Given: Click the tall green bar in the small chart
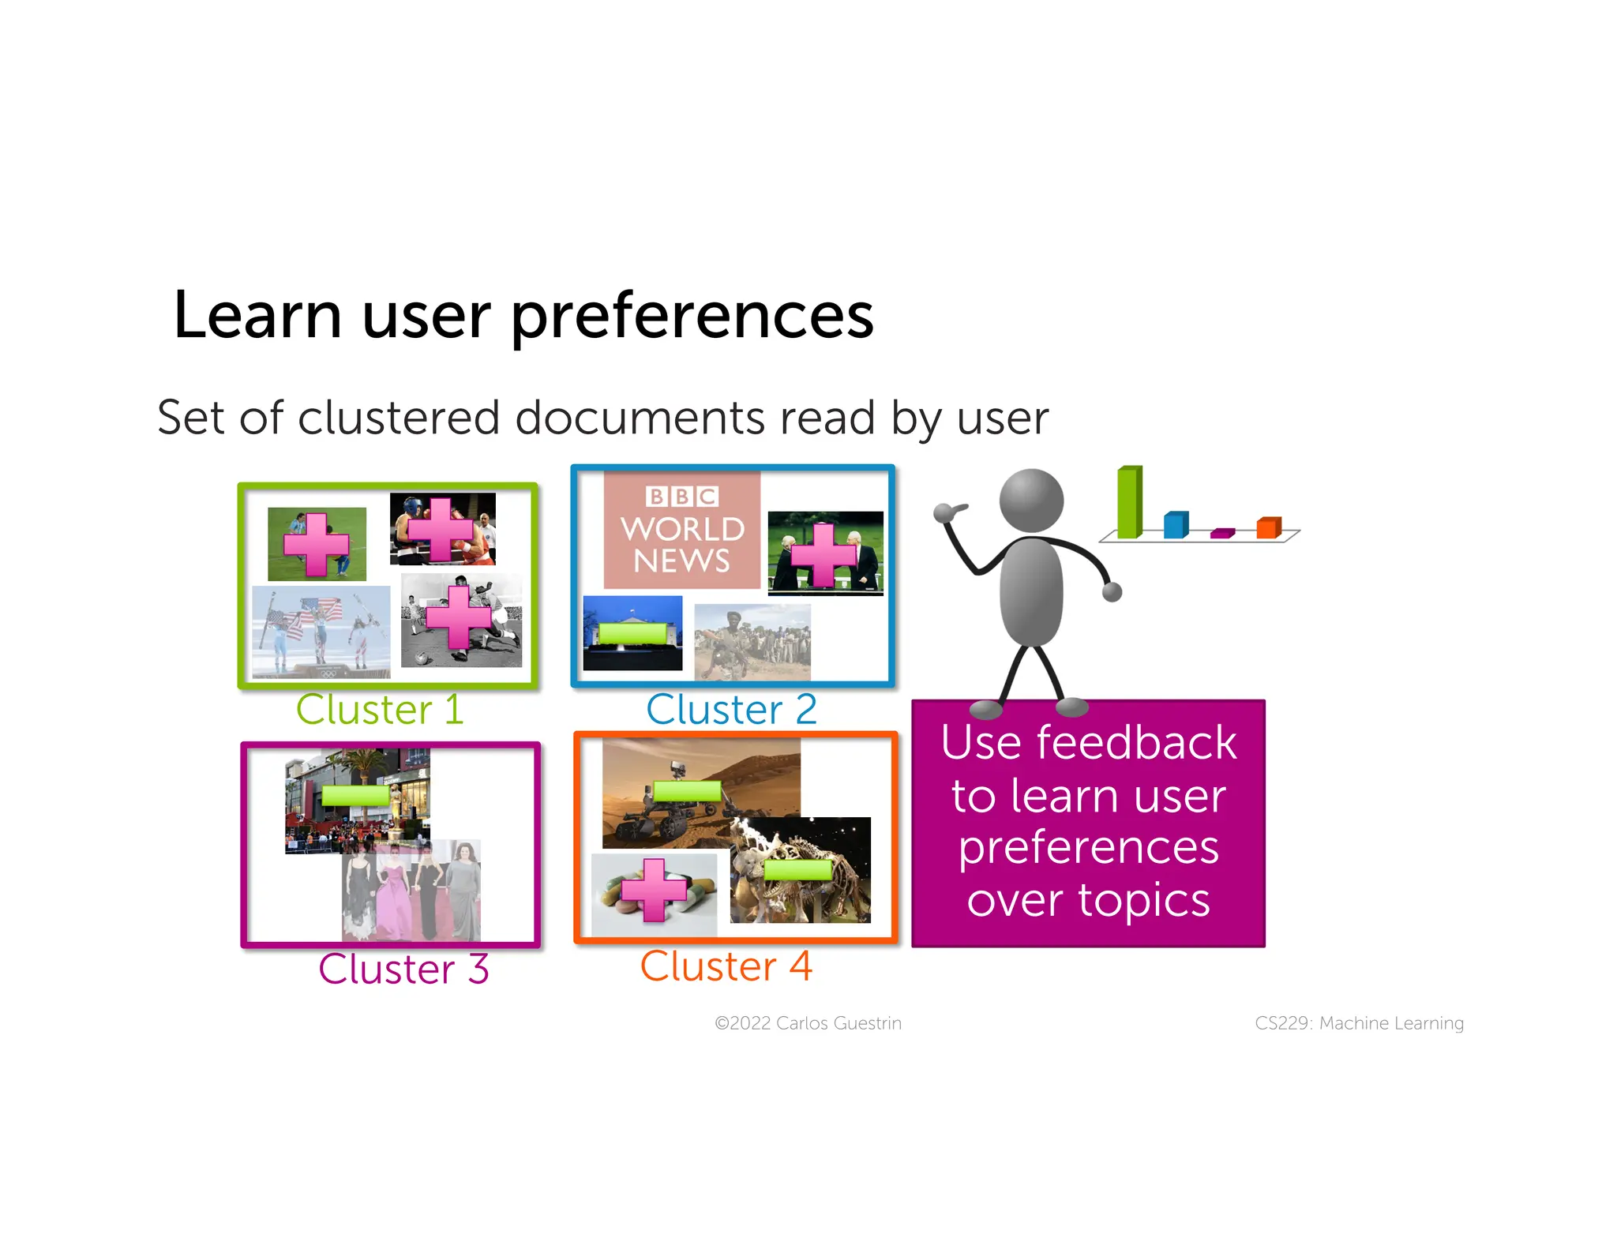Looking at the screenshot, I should tap(1130, 502).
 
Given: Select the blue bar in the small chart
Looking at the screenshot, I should tap(1176, 525).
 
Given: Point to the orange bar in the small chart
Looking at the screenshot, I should tap(1268, 527).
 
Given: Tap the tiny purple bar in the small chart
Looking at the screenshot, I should tap(1222, 534).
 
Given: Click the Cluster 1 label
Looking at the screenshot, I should tap(379, 709).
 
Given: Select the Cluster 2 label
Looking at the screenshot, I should tap(731, 709).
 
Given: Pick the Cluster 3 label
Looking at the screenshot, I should tap(403, 969).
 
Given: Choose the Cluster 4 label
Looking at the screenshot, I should tap(726, 966).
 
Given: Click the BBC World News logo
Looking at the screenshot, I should tap(682, 530).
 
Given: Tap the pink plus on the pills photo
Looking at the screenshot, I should tap(654, 890).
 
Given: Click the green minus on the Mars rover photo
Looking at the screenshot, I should tap(687, 790).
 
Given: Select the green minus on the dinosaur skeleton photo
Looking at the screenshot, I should tap(798, 870).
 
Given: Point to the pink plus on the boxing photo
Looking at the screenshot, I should tap(441, 530).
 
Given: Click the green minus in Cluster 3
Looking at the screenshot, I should tap(356, 795).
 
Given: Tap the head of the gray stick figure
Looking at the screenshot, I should tap(1031, 501).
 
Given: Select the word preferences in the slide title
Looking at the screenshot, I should tap(692, 316).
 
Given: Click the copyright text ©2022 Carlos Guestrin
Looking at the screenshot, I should tap(808, 1023).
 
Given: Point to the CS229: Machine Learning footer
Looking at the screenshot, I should tap(1359, 1023).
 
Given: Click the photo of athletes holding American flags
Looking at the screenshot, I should tap(321, 631).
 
